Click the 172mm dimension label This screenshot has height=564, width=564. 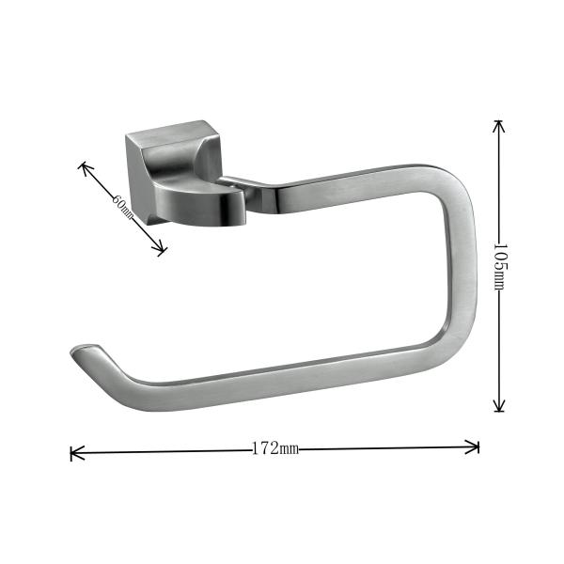(x=274, y=449)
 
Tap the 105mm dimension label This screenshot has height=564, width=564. (x=500, y=266)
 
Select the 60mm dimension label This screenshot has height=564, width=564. (x=123, y=208)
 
